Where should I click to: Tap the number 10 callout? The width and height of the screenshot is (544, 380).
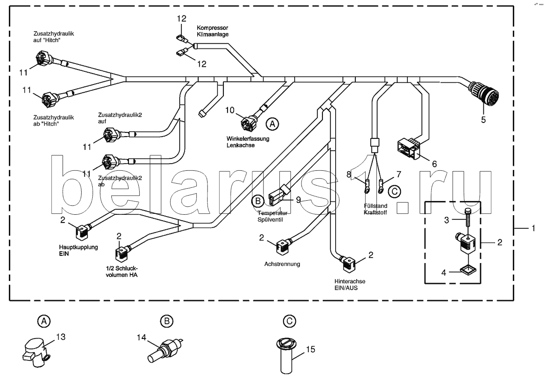click(x=230, y=111)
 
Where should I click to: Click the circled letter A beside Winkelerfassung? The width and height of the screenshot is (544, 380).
click(x=272, y=124)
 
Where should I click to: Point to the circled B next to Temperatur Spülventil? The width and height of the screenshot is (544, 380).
click(x=257, y=199)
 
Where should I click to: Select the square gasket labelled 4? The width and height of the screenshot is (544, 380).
click(x=468, y=270)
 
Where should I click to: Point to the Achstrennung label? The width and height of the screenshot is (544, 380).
click(x=282, y=264)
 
